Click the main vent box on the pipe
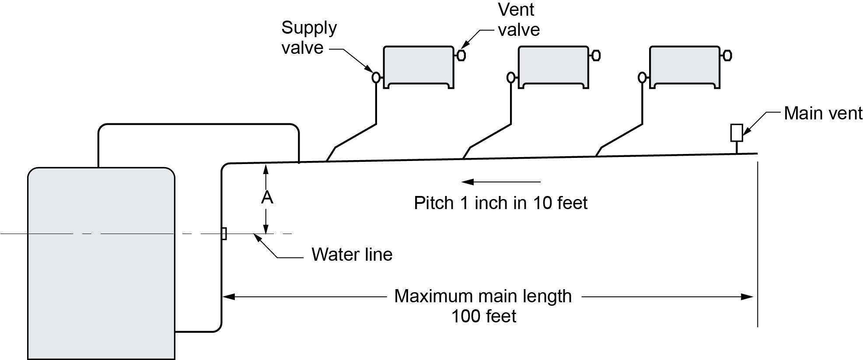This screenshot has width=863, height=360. tap(737, 133)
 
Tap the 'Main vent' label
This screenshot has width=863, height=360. tap(822, 113)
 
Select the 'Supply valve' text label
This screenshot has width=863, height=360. tap(309, 38)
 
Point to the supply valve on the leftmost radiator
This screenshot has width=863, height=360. tap(375, 77)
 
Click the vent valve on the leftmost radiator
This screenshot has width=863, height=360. tap(461, 56)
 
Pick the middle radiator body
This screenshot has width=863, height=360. tap(553, 66)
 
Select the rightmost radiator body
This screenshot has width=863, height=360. tap(685, 66)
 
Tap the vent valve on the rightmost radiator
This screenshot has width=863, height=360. tap(727, 56)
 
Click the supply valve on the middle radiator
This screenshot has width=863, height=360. tap(510, 77)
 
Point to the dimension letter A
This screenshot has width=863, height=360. tap(267, 198)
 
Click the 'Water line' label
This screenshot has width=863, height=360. tap(352, 255)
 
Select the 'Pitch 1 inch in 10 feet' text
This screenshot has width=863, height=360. tap(500, 203)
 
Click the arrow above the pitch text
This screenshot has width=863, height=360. tap(501, 182)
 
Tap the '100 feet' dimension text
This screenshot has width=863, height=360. tap(483, 316)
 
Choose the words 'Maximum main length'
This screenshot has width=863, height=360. tap(483, 296)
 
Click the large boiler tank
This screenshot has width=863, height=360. tap(101, 262)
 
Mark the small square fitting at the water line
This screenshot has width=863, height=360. tap(224, 234)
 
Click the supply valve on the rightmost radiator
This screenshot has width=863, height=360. tap(642, 77)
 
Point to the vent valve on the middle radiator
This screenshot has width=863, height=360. tap(596, 56)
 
